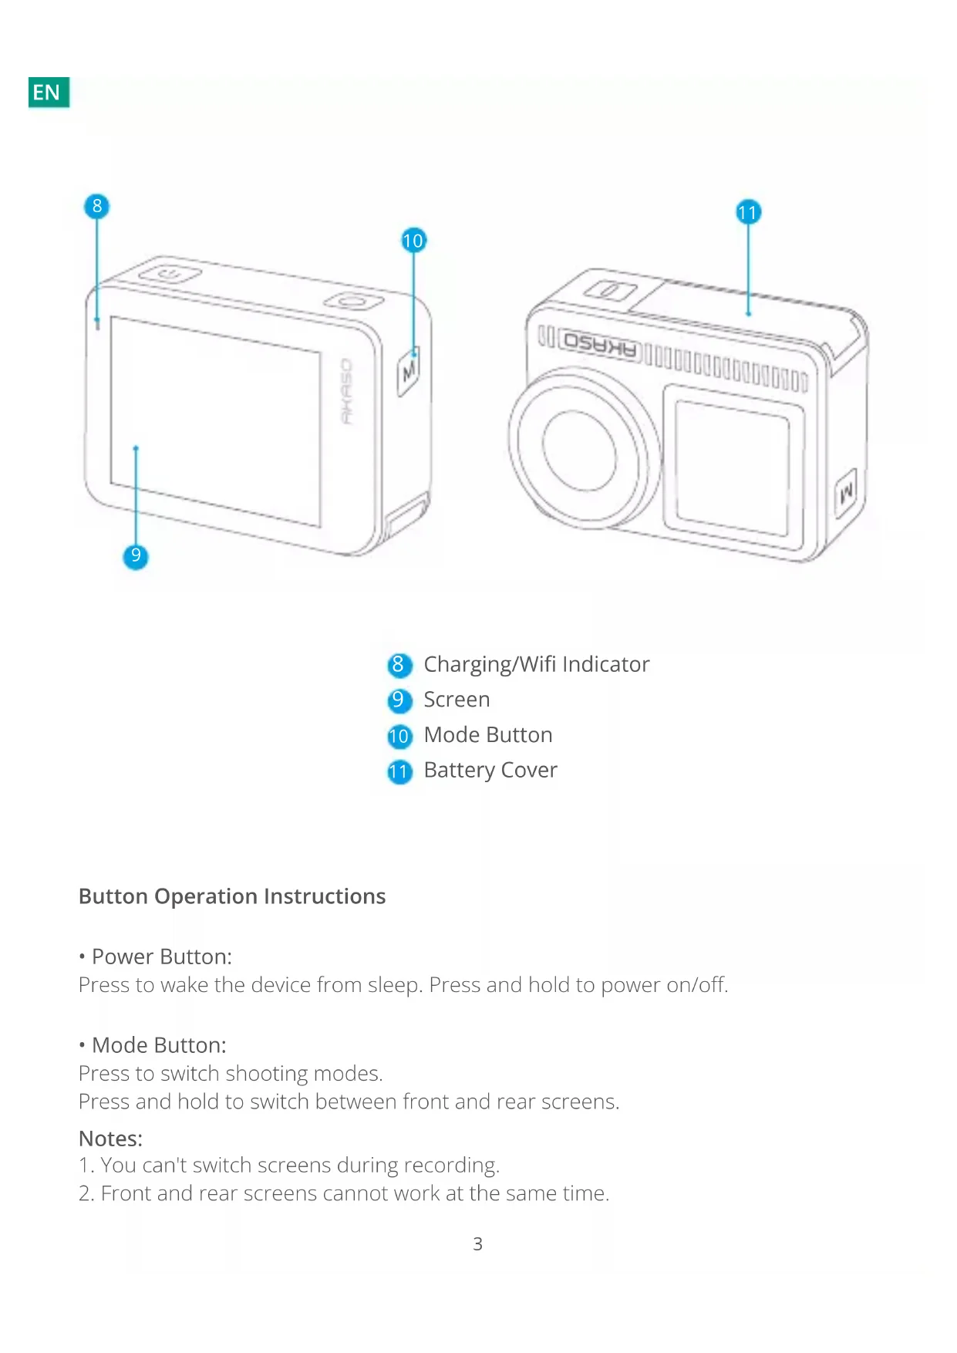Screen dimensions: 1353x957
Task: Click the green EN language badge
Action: (x=49, y=93)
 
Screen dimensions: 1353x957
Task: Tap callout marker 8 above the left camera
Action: (x=97, y=206)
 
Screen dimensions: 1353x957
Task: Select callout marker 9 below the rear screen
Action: (x=136, y=556)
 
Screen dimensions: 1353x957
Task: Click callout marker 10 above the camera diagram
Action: (x=413, y=241)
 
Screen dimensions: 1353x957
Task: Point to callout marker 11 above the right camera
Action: (x=748, y=212)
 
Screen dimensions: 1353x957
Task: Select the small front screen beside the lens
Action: (x=732, y=466)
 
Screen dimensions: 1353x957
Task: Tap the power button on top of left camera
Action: (x=170, y=274)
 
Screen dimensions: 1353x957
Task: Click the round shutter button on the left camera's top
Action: (x=353, y=300)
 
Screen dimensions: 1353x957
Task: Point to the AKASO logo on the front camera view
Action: (x=601, y=346)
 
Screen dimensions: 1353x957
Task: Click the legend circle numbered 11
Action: (x=399, y=771)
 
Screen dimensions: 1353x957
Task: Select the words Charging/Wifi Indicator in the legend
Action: (x=536, y=664)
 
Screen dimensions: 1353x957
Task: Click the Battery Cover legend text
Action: (x=490, y=770)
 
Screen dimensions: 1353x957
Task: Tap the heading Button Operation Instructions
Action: (x=232, y=896)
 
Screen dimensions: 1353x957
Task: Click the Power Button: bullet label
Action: (x=161, y=957)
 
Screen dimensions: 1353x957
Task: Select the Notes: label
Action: (x=111, y=1139)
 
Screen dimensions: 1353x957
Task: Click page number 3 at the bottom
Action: (x=478, y=1243)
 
